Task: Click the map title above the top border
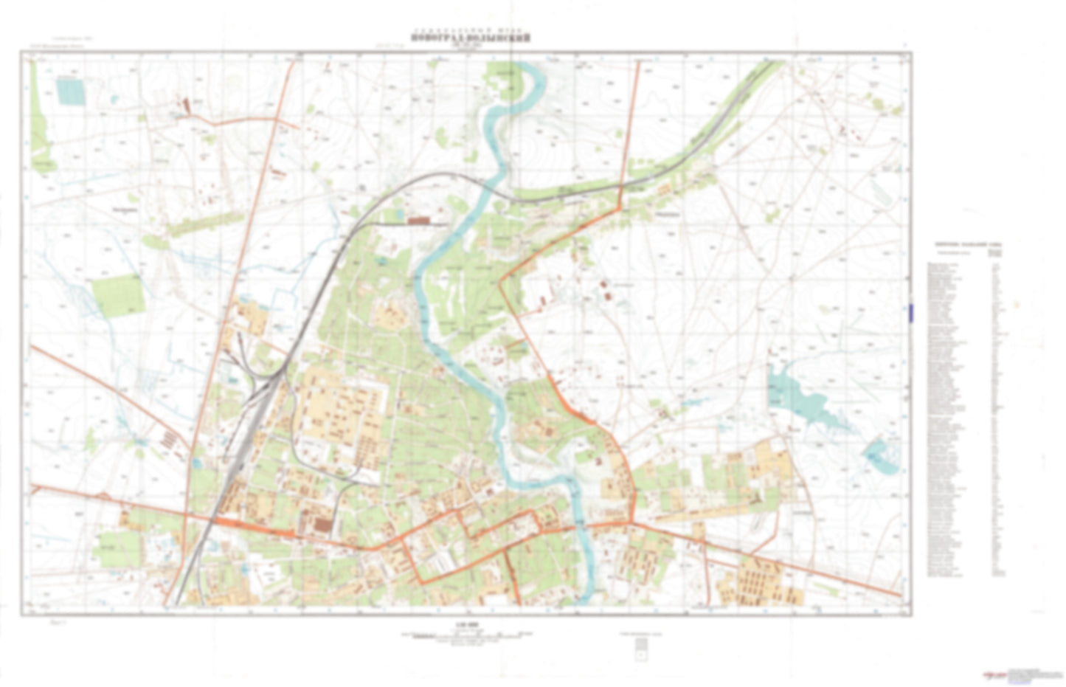click(471, 38)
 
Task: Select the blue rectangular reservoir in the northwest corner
click(71, 92)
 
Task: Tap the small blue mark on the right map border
click(911, 312)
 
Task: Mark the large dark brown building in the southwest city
click(322, 525)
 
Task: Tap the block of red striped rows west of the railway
click(169, 441)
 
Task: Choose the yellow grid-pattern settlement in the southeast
click(759, 579)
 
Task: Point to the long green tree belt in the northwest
click(203, 221)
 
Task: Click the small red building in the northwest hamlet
click(186, 106)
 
